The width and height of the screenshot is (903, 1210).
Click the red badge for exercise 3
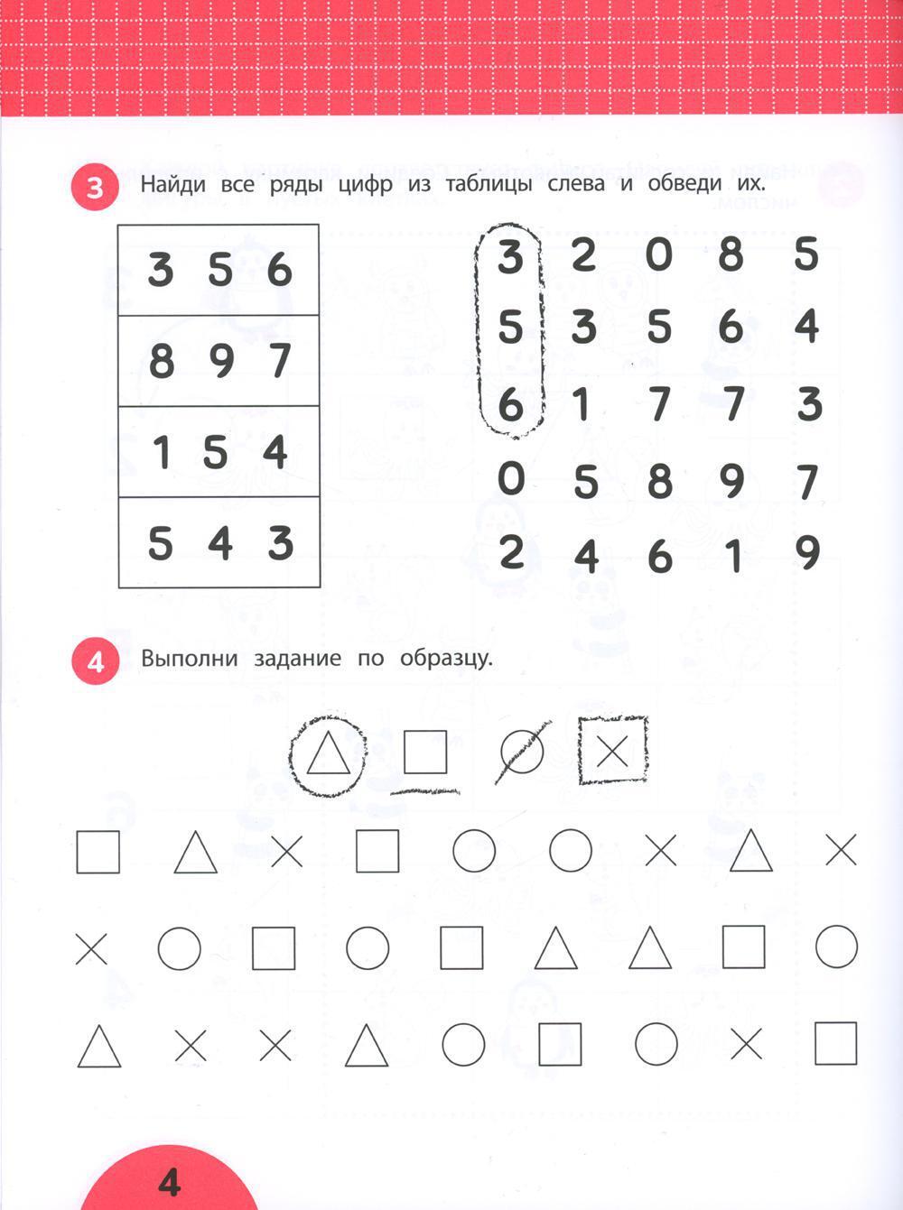(95, 189)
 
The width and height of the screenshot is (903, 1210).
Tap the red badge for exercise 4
(95, 661)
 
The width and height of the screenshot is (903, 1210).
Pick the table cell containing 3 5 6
(219, 270)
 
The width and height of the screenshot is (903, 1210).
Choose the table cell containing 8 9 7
(219, 361)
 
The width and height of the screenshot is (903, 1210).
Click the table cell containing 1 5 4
(219, 451)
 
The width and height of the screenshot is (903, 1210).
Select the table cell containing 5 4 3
(219, 542)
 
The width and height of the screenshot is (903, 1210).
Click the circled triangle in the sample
(328, 753)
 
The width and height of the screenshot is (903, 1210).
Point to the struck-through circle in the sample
(522, 753)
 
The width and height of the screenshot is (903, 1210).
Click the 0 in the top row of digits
(659, 255)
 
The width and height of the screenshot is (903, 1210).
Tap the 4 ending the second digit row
(806, 327)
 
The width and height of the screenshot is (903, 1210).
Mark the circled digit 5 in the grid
(510, 327)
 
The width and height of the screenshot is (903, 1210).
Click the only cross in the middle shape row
(91, 948)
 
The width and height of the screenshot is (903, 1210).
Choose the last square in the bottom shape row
(835, 1044)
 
